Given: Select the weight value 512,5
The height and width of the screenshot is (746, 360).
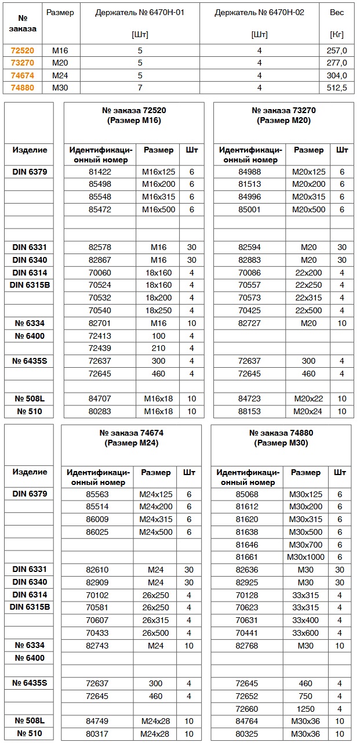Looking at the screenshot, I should pyautogui.click(x=336, y=88).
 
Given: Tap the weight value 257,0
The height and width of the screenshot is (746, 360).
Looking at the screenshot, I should pyautogui.click(x=336, y=50).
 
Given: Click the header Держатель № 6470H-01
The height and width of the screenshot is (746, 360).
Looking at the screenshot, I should pyautogui.click(x=140, y=12).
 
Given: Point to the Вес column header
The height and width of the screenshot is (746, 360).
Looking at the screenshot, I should pyautogui.click(x=336, y=12).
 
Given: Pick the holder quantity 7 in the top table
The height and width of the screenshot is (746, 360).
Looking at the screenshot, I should pyautogui.click(x=140, y=88).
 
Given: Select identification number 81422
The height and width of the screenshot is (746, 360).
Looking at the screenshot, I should pyautogui.click(x=100, y=172).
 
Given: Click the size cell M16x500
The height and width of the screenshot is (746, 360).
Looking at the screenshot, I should pyautogui.click(x=158, y=209).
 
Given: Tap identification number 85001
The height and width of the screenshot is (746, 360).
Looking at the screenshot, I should pyautogui.click(x=250, y=209).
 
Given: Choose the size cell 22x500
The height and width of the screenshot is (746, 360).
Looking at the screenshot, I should pyautogui.click(x=308, y=310).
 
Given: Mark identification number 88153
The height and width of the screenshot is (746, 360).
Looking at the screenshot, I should pyautogui.click(x=250, y=411).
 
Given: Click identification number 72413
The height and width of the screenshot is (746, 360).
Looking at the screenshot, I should pyautogui.click(x=100, y=336).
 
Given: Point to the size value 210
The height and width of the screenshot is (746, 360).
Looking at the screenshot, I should pyautogui.click(x=158, y=348).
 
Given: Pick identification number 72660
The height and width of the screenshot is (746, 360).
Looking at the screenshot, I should pyautogui.click(x=247, y=709).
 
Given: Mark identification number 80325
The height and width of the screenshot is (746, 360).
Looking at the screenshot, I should pyautogui.click(x=247, y=734).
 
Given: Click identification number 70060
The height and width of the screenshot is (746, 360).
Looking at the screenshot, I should pyautogui.click(x=100, y=273).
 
